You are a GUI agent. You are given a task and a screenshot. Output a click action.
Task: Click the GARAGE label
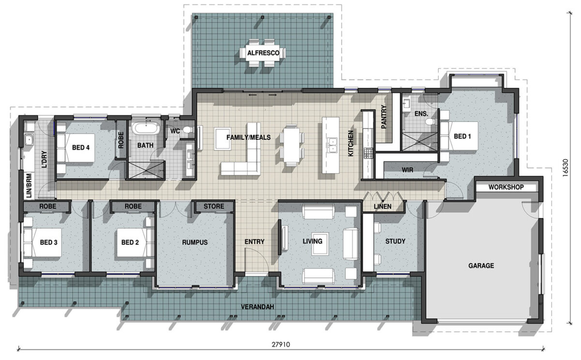tap(481, 265)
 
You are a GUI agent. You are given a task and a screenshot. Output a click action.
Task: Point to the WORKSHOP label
tap(505, 187)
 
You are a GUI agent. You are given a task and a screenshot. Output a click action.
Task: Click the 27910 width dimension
tap(281, 345)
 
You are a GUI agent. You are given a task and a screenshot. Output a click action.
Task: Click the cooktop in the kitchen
tap(368, 153)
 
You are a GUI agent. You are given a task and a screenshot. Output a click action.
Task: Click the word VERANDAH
tap(258, 307)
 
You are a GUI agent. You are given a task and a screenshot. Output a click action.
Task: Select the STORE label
tap(214, 207)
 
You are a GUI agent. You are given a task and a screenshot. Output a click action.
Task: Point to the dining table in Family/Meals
tap(291, 145)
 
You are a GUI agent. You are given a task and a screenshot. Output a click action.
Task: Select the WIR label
tap(407, 170)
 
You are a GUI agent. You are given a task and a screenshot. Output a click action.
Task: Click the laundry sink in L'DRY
tap(29, 141)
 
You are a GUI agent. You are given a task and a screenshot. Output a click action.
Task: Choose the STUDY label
tap(395, 241)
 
